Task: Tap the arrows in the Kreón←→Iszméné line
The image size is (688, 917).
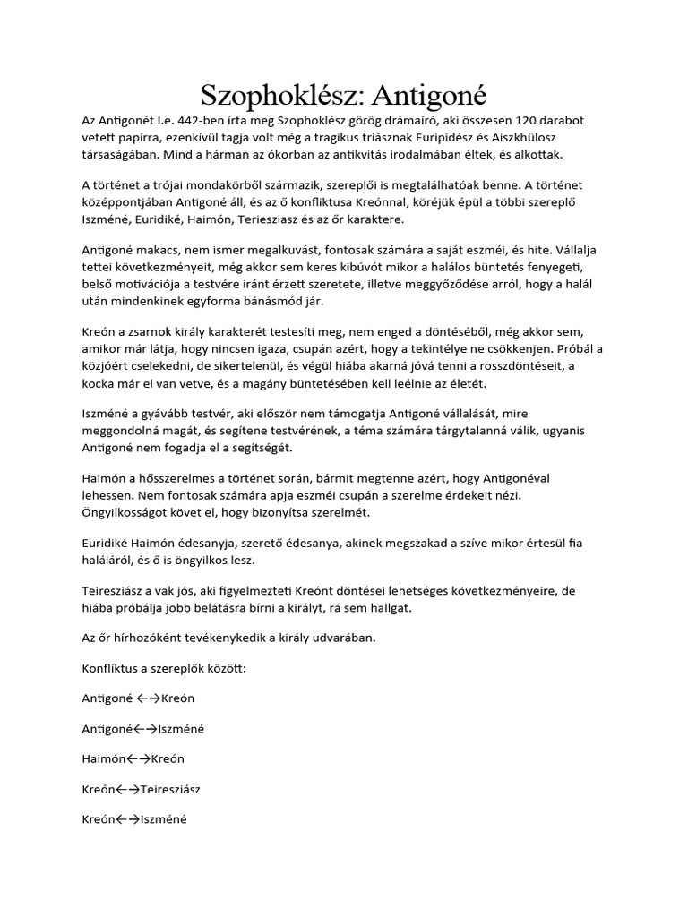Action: click(130, 818)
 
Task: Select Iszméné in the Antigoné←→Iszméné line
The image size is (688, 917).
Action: click(181, 729)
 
